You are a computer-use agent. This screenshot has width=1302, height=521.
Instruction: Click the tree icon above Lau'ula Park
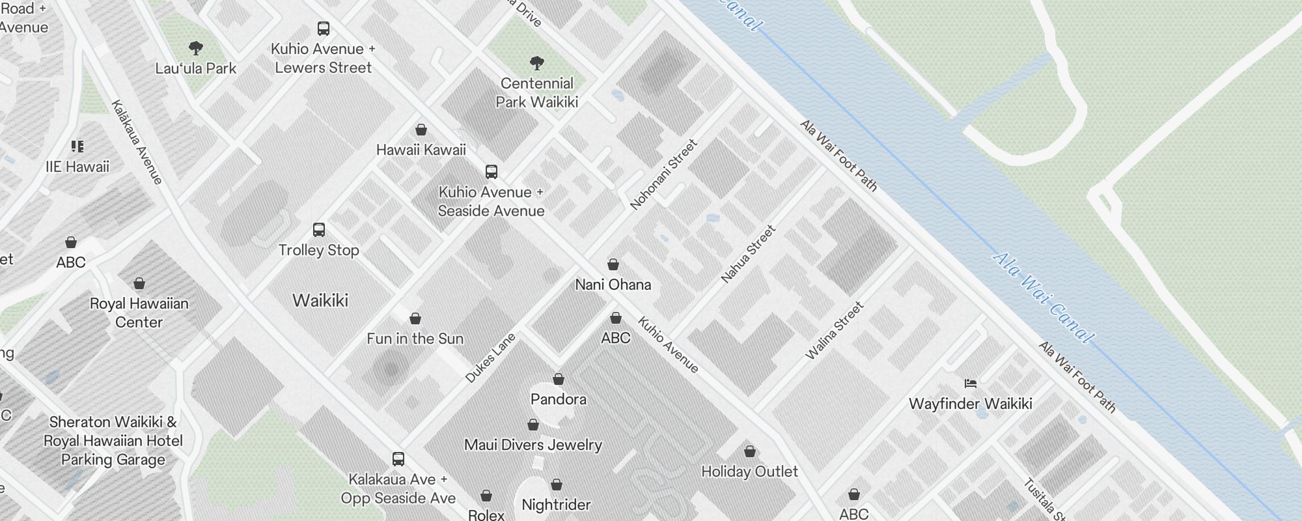click(x=195, y=48)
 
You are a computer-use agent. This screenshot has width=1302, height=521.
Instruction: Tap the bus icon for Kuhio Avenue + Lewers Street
click(x=323, y=28)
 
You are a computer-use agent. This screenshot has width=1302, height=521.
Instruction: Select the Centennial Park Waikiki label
click(x=536, y=92)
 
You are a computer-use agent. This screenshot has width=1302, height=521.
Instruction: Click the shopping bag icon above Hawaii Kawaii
click(x=421, y=130)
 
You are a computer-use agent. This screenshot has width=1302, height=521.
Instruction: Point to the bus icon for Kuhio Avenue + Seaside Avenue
click(x=492, y=172)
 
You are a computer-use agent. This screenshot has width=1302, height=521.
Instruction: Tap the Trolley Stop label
click(x=318, y=250)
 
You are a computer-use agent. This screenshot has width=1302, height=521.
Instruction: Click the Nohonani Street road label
click(x=663, y=175)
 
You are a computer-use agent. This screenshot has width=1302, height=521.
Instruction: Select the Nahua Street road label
click(x=748, y=254)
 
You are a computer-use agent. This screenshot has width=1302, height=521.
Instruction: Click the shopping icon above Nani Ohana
click(x=613, y=264)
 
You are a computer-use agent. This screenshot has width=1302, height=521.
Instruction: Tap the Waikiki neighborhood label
click(x=320, y=300)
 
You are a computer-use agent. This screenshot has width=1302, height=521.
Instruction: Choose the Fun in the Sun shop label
click(x=415, y=339)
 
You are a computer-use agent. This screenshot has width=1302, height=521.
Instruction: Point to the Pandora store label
click(x=558, y=399)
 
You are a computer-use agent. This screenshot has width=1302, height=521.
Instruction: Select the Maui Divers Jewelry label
click(x=533, y=445)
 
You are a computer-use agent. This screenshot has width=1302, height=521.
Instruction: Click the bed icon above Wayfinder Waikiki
click(x=971, y=384)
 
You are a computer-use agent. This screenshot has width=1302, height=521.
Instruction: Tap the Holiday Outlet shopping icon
click(x=749, y=451)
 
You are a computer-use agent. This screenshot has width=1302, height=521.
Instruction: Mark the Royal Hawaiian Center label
click(x=139, y=313)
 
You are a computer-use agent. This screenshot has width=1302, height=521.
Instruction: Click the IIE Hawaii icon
click(x=77, y=147)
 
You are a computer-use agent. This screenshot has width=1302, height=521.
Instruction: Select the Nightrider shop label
click(x=556, y=505)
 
